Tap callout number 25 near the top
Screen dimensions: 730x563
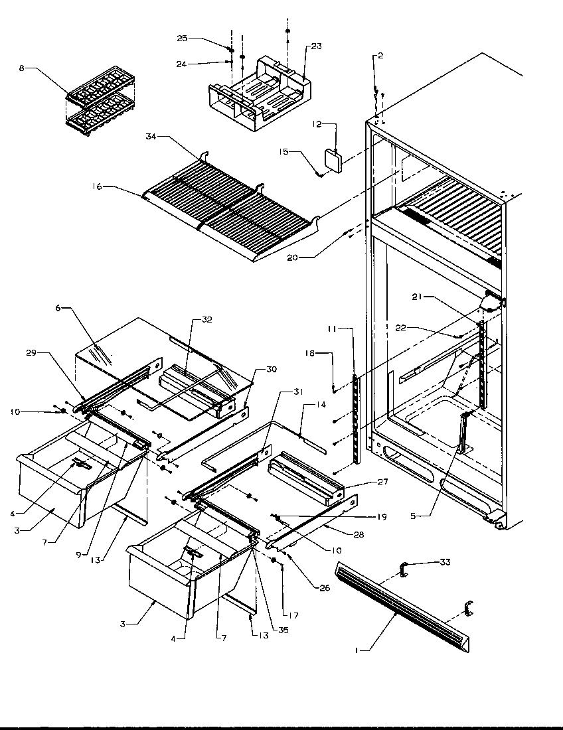[x=181, y=39]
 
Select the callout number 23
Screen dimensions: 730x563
[x=315, y=46]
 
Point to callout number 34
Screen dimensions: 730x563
[x=150, y=137]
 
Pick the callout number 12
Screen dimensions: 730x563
[x=317, y=123]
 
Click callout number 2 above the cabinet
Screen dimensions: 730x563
[x=380, y=56]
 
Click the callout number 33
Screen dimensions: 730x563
[x=444, y=562]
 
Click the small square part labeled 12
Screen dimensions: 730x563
[x=332, y=161]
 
